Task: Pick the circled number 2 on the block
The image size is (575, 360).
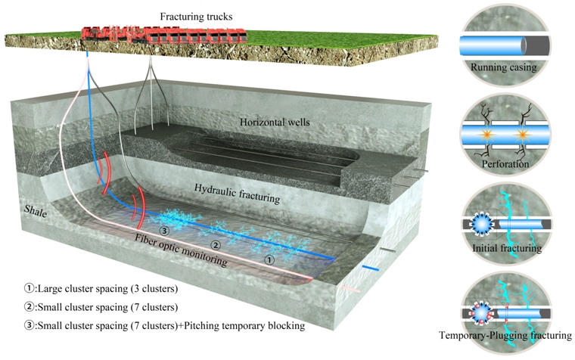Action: (x=215, y=245)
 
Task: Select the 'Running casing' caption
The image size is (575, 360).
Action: (x=503, y=67)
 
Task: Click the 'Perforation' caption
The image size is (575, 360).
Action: (x=505, y=162)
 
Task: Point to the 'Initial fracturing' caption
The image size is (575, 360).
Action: (x=505, y=247)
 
